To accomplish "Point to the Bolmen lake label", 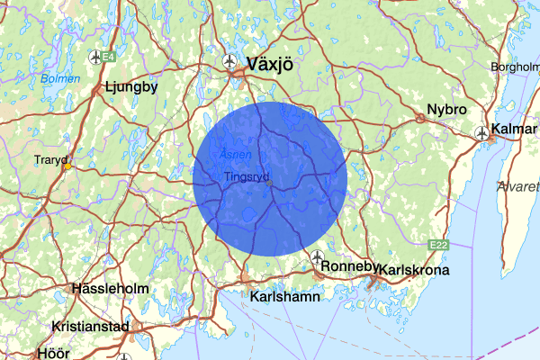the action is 59,78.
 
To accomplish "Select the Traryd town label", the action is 50,160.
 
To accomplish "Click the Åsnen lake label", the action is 229,154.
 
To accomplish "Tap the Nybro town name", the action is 447,110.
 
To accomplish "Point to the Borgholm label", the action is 514,67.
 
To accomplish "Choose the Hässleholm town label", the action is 107,290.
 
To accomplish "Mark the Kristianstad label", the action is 91,327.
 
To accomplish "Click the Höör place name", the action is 52,353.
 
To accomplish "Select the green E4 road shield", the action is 108,58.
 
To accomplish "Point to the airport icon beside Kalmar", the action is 482,134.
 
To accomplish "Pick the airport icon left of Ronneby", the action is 318,257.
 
